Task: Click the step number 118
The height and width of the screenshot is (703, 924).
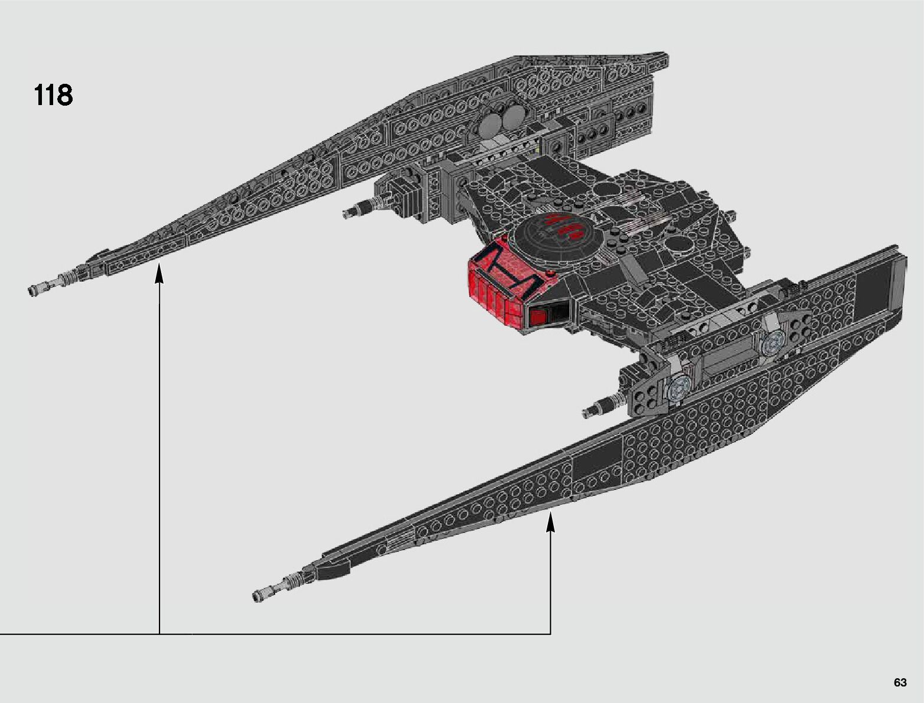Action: click(x=54, y=94)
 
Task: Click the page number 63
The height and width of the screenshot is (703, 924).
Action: click(x=900, y=682)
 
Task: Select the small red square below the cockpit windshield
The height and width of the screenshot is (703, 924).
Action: click(x=537, y=318)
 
